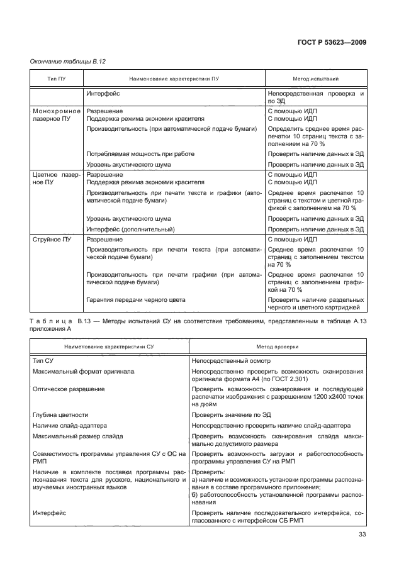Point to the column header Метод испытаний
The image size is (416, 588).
(x=316, y=80)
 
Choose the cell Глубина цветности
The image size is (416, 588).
(x=60, y=414)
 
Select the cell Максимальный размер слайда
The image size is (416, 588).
(x=77, y=436)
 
